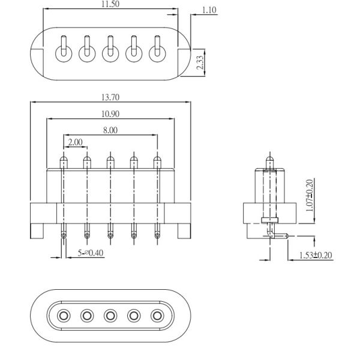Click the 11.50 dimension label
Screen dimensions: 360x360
(110, 5)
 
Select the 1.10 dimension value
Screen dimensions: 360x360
(209, 10)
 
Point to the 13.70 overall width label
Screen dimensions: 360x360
(110, 97)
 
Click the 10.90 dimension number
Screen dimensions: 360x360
(110, 113)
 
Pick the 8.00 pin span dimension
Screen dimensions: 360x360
(110, 130)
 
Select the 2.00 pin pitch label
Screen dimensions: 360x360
(76, 142)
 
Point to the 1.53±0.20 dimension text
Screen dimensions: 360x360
(316, 256)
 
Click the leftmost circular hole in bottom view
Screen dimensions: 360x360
(63, 315)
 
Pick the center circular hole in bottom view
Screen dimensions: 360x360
(110, 315)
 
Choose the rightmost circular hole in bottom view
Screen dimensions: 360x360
(158, 315)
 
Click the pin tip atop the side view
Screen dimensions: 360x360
(269, 161)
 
